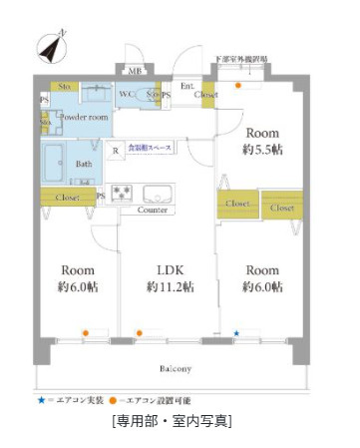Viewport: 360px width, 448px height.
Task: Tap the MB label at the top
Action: [136, 71]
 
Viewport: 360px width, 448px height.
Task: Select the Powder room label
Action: [84, 118]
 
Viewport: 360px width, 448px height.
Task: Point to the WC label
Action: [128, 94]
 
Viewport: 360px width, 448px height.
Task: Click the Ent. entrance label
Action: [186, 85]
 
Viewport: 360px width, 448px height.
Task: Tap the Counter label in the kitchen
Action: [152, 211]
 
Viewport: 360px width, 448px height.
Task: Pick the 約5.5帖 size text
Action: [263, 150]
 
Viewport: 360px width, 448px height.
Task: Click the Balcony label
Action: [174, 368]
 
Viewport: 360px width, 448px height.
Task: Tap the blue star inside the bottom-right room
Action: [236, 332]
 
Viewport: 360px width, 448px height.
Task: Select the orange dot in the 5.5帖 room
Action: [237, 86]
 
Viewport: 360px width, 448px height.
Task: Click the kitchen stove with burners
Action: [125, 192]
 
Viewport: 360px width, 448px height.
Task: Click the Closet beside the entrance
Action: [205, 95]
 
